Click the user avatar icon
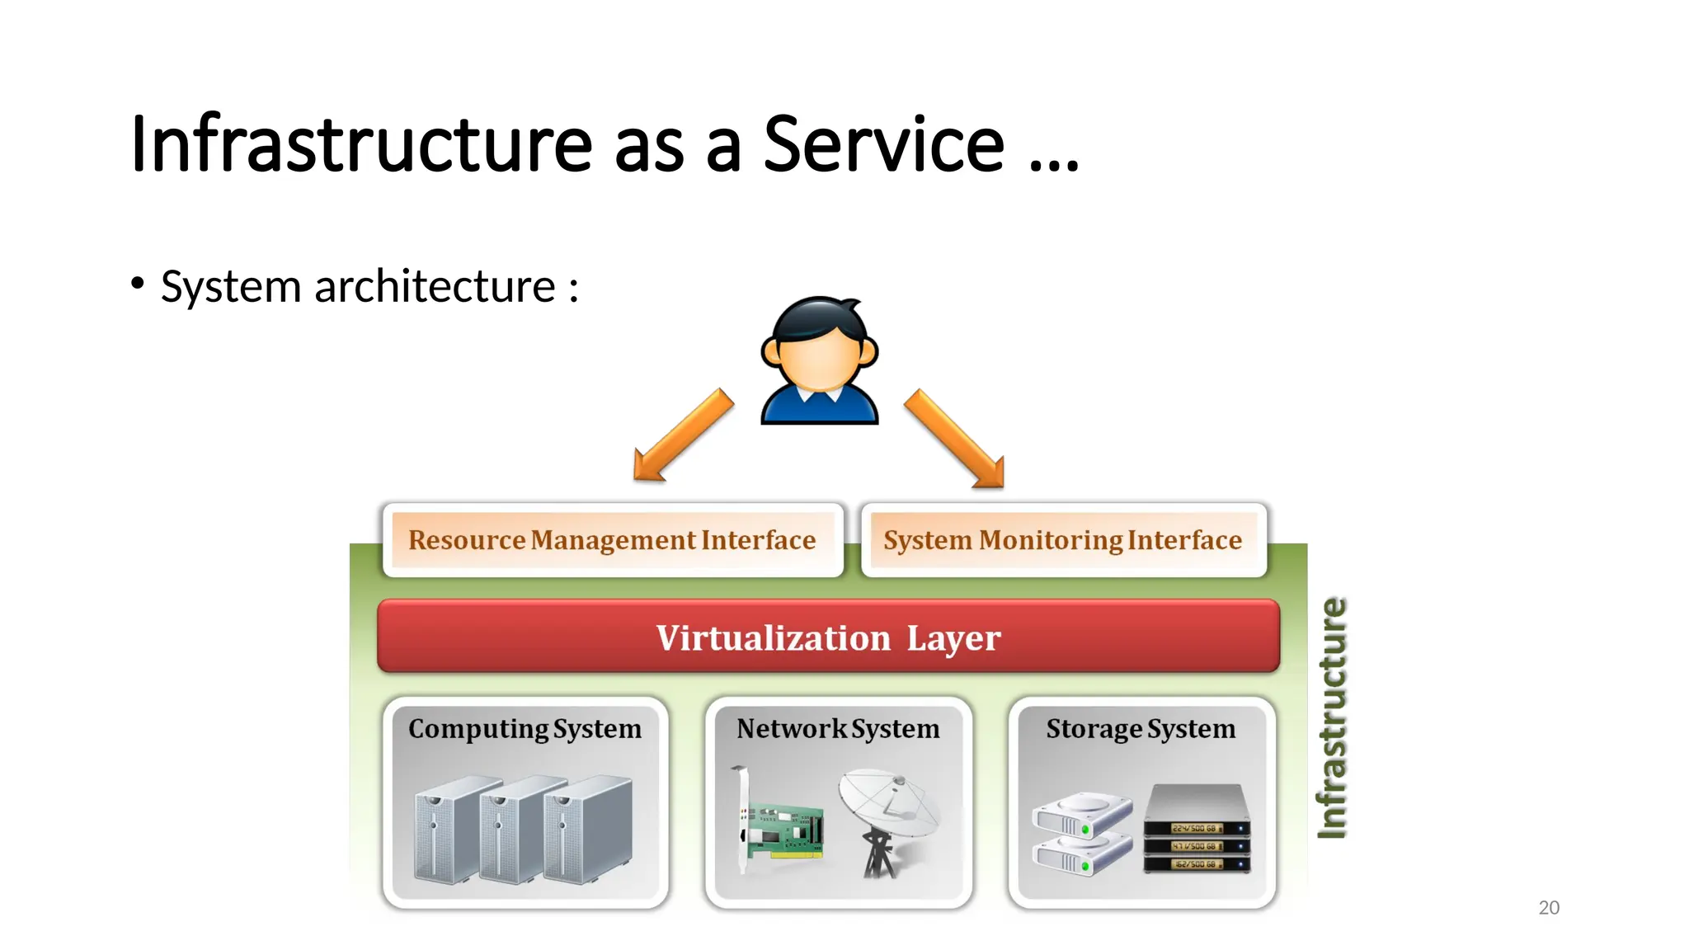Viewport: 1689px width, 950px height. pos(819,360)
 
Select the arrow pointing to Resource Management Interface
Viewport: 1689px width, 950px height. pos(682,436)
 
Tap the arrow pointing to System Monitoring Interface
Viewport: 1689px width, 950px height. pos(955,439)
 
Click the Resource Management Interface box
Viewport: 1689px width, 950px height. pos(612,540)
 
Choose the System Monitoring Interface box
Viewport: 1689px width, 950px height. pos(1062,540)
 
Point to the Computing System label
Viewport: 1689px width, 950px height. pos(525,729)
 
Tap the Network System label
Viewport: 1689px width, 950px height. pos(838,729)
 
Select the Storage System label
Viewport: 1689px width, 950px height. pos(1141,729)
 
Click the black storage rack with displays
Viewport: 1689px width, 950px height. pos(1197,829)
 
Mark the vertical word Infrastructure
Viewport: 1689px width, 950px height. pos(1332,718)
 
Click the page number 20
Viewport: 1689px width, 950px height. pos(1549,908)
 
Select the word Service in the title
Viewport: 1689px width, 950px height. pos(883,144)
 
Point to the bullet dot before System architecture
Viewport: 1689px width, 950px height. pos(138,283)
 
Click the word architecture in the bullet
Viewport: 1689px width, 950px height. pos(435,287)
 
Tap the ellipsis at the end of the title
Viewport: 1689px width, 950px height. pos(1054,165)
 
